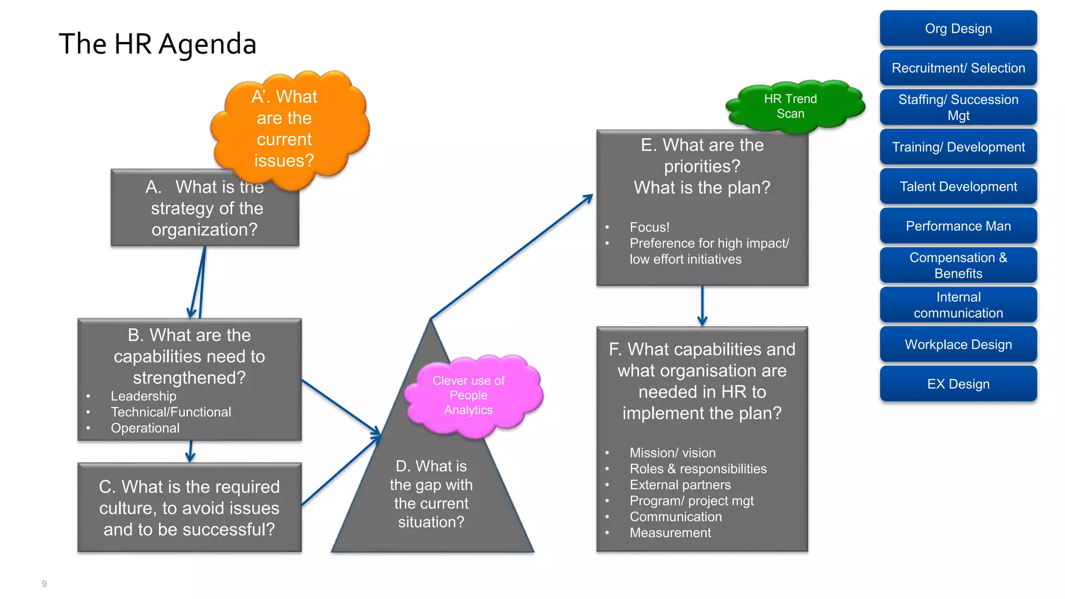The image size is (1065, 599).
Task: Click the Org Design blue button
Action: (958, 29)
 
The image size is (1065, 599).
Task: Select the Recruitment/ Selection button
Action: (958, 68)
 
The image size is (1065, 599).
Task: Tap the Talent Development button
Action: (958, 187)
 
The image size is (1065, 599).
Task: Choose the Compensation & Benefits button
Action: (958, 265)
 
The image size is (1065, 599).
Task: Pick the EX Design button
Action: (958, 384)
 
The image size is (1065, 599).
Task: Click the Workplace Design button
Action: (958, 345)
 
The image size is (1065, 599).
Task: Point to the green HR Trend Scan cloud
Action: (790, 106)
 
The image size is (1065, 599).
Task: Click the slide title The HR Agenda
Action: (158, 44)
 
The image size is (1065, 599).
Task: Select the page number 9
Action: (44, 583)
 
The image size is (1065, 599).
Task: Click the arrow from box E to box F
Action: (702, 306)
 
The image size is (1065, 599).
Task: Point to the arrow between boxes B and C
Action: (190, 451)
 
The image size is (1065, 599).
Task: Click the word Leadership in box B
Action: (144, 396)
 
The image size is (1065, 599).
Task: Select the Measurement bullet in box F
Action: (670, 533)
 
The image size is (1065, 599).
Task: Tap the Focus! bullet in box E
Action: (650, 227)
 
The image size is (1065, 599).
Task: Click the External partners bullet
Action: (680, 485)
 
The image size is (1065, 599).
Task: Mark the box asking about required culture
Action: (189, 507)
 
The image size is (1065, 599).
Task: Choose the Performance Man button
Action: (958, 226)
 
